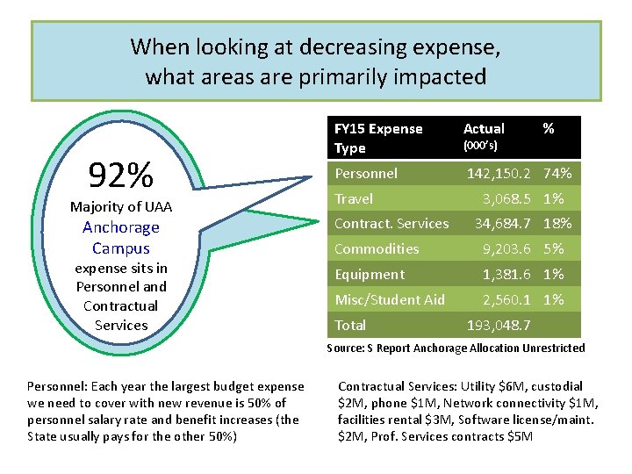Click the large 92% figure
pos(121,176)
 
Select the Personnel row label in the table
pos(366,174)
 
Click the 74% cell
pos(557,174)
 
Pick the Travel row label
pos(354,199)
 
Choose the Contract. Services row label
pos(391,224)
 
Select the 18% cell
pos(557,224)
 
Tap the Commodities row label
pos(377,249)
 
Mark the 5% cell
pos(553,249)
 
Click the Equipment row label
pos(370,275)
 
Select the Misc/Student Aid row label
pos(390,300)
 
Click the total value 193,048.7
pos(499,326)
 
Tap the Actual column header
pos(484,129)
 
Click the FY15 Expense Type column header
pos(378,138)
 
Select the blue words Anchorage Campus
pos(121,238)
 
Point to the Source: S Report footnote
pos(456,348)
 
